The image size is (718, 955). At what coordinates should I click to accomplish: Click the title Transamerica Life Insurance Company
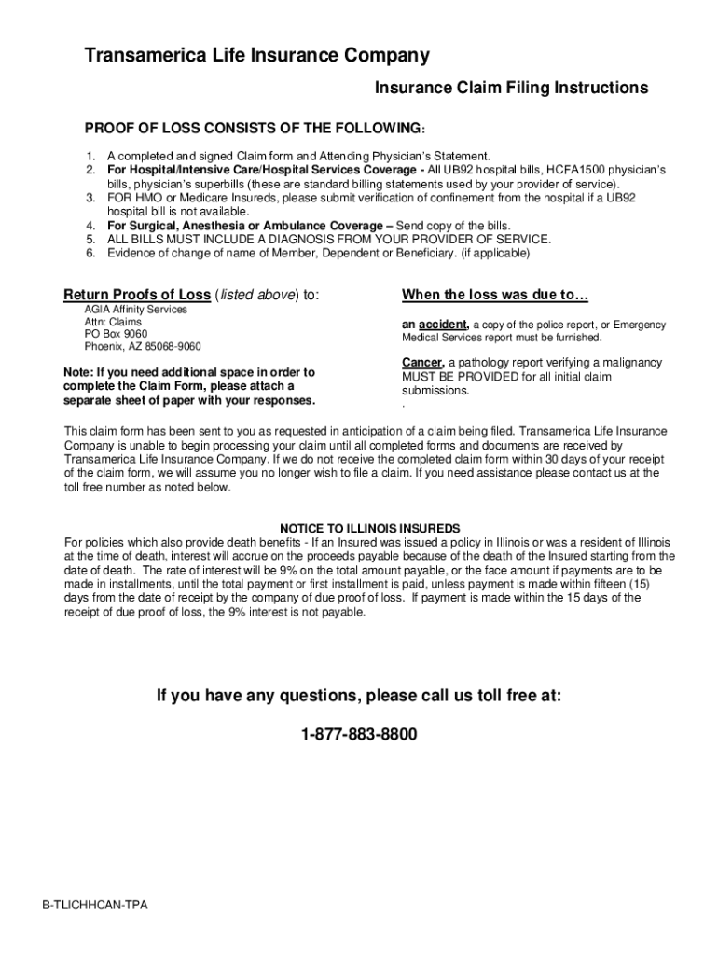coord(257,57)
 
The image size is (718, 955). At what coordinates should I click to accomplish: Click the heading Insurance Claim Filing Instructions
coord(511,88)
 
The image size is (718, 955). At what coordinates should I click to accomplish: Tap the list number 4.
coord(91,226)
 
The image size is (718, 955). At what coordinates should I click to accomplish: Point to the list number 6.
coord(91,253)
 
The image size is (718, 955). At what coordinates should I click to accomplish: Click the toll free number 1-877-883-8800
coord(359,735)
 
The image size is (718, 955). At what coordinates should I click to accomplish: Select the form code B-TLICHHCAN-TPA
coord(95,906)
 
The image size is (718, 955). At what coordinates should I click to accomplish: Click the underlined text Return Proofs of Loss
coord(137,296)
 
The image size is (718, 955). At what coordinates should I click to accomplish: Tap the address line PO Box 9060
coord(116,334)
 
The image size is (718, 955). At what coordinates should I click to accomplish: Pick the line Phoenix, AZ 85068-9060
coord(143,347)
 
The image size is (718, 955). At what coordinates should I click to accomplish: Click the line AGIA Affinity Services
coord(136,309)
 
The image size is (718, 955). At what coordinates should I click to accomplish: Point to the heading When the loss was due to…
coord(495,296)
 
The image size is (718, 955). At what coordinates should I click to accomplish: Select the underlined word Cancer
coord(421,362)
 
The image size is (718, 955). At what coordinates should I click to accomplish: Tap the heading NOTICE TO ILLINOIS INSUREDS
coord(370,528)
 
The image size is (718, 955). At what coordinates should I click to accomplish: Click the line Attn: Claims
coord(114,322)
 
